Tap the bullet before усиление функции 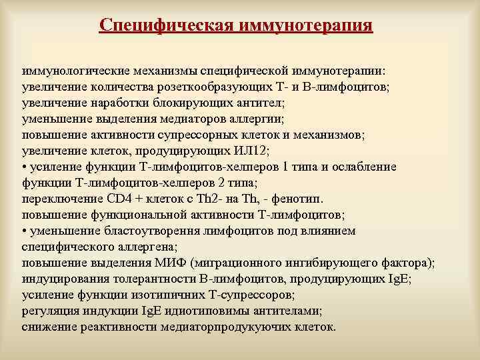pos(25,166)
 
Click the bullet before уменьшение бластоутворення pos(25,230)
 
